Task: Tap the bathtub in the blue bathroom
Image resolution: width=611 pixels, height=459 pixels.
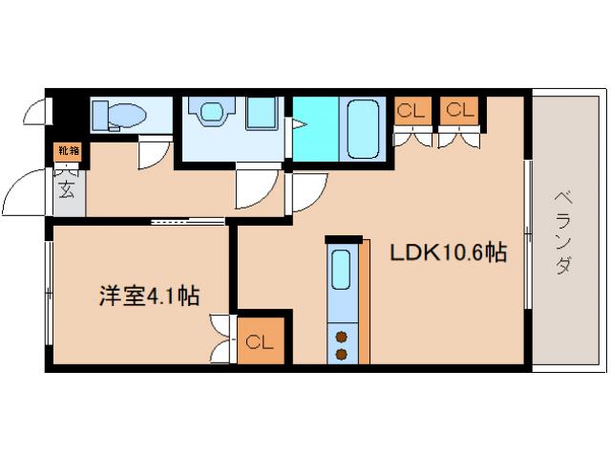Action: click(x=364, y=126)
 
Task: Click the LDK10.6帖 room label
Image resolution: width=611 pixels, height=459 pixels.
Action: click(x=447, y=252)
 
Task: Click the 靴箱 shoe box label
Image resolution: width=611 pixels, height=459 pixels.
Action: click(x=69, y=150)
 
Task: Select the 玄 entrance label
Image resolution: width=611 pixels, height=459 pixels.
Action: click(x=68, y=189)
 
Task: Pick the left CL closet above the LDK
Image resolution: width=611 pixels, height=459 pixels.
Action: click(x=411, y=111)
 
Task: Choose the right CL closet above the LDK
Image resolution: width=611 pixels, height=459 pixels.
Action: click(x=459, y=111)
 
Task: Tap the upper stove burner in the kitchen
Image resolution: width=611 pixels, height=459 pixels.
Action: click(x=340, y=336)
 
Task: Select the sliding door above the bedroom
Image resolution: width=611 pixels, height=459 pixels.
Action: click(x=188, y=222)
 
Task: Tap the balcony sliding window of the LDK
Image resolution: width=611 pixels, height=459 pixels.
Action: click(x=527, y=229)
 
